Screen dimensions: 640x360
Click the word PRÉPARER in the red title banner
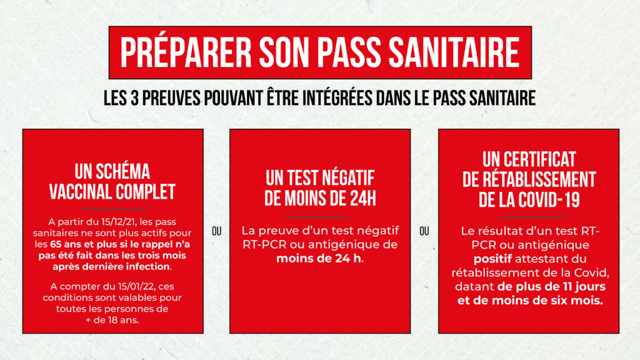186,52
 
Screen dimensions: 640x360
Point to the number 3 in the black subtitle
135,98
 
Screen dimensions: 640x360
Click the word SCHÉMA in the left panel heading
122,171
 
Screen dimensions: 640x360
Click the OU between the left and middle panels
216,231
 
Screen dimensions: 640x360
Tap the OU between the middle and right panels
424,231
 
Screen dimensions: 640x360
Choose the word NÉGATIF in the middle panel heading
349,178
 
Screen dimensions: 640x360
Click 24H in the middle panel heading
363,199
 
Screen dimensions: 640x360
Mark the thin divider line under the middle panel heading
317,217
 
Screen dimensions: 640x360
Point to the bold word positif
492,259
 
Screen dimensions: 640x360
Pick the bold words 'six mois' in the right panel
582,301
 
